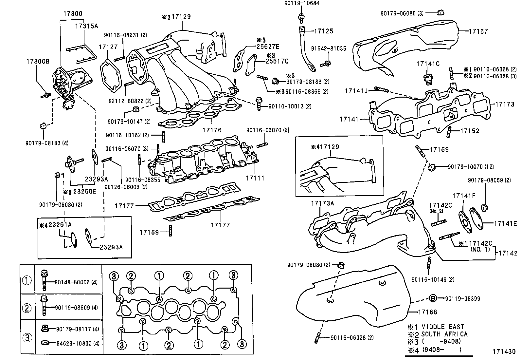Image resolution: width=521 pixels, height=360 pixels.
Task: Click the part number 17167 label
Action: coord(478,31)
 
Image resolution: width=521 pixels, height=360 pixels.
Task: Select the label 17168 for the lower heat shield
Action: coord(427,312)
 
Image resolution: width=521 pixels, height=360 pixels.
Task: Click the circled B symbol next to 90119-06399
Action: coord(432,298)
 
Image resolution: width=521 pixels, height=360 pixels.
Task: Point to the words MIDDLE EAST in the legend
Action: coord(442,327)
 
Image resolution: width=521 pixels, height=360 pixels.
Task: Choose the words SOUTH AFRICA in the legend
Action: coord(444,334)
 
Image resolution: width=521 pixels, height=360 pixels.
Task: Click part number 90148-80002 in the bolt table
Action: coord(72,282)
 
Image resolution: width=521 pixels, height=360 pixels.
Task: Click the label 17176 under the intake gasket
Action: coord(212,130)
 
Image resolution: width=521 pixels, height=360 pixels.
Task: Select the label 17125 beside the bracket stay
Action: coord(324,31)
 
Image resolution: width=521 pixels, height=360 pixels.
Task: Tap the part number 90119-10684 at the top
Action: coord(301,3)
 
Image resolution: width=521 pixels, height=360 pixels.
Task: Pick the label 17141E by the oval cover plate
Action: coord(505,223)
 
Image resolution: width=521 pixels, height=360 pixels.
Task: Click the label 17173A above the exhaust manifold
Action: coord(322,203)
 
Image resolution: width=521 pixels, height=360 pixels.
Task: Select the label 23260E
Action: coord(85,191)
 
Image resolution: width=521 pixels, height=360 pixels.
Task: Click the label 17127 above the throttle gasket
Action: coord(108,47)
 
